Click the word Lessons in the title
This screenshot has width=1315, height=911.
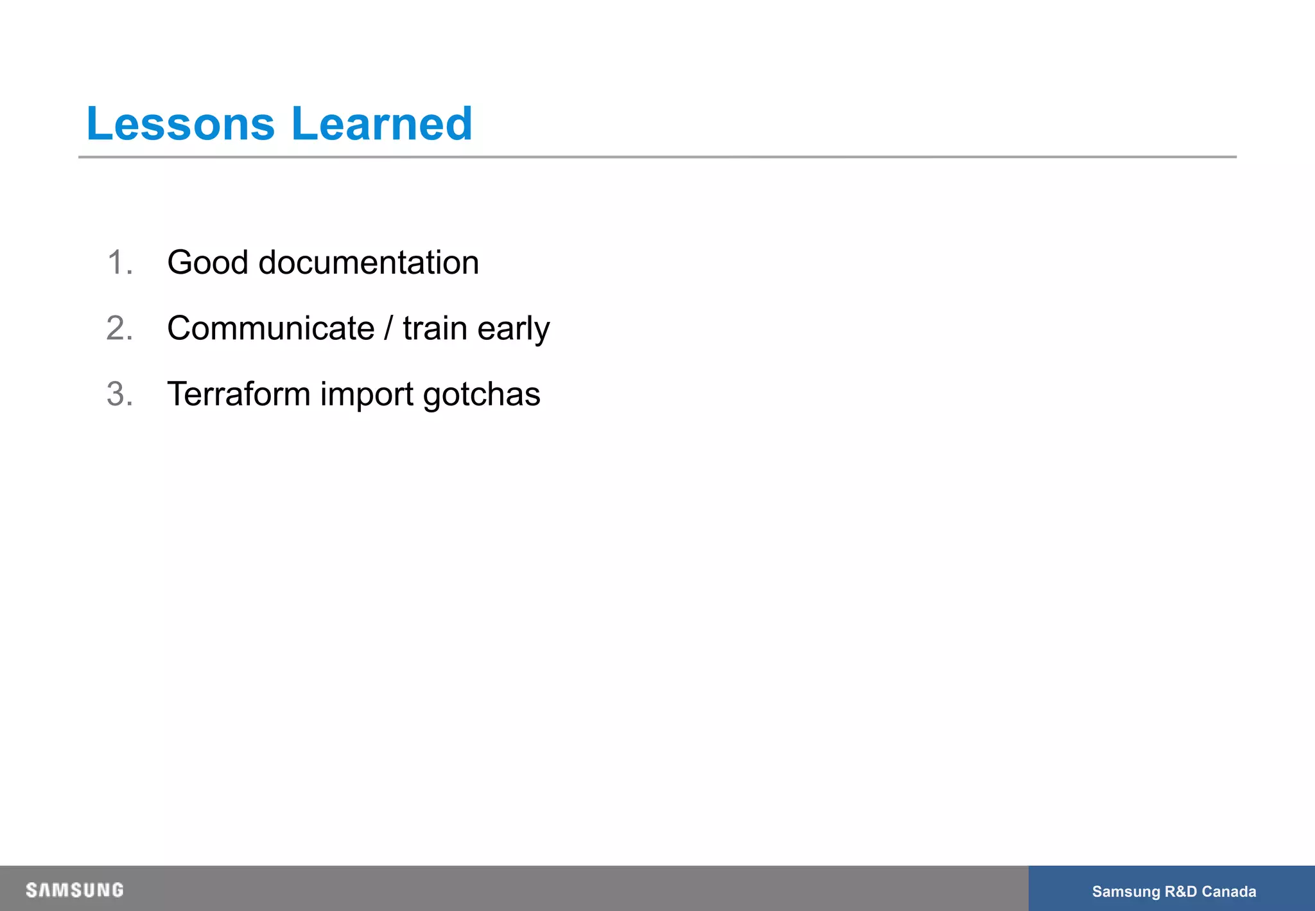pyautogui.click(x=180, y=123)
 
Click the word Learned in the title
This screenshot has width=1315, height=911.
pyautogui.click(x=381, y=123)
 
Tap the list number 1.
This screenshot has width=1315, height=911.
pyautogui.click(x=119, y=263)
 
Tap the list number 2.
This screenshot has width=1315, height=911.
pyautogui.click(x=119, y=328)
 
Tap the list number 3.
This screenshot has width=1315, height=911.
pyautogui.click(x=119, y=394)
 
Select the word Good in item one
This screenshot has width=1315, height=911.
pyautogui.click(x=207, y=263)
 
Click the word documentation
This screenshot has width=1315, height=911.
pyautogui.click(x=369, y=263)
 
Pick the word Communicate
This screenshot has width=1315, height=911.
pyautogui.click(x=270, y=328)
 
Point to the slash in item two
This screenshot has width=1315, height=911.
pyautogui.click(x=388, y=328)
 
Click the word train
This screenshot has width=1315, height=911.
pyautogui.click(x=435, y=328)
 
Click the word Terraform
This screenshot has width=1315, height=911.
pyautogui.click(x=239, y=394)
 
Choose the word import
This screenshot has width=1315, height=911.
pyautogui.click(x=367, y=395)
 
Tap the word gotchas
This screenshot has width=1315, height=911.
pyautogui.click(x=482, y=395)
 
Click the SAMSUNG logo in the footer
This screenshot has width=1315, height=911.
pyautogui.click(x=74, y=890)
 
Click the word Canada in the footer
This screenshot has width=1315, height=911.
pyautogui.click(x=1229, y=891)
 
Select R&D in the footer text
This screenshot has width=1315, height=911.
pyautogui.click(x=1180, y=891)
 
